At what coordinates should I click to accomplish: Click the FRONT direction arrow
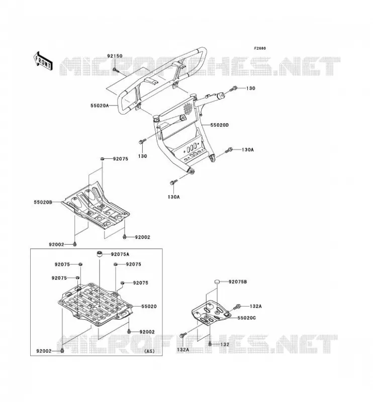point(43,61)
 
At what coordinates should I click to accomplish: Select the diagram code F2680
point(260,48)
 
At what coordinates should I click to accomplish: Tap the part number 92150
point(115,56)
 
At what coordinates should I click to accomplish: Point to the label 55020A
point(100,106)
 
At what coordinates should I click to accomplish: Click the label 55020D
point(219,125)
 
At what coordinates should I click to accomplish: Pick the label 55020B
point(43,203)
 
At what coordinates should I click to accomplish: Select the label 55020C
point(246,318)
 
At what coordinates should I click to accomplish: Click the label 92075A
point(120,254)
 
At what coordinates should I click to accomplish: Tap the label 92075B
point(238,282)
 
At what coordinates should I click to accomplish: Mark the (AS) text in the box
point(149,351)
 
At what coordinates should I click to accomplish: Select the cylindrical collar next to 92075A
point(100,254)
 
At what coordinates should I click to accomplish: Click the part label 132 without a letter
point(225,344)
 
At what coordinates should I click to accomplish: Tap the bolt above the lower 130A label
point(173,182)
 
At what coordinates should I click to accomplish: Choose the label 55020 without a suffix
point(149,307)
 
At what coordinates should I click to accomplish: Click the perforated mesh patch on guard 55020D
point(188,109)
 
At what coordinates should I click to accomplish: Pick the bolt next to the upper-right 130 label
point(234,89)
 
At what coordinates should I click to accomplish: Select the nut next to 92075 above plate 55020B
point(102,159)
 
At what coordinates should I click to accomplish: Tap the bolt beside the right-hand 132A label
point(237,307)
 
